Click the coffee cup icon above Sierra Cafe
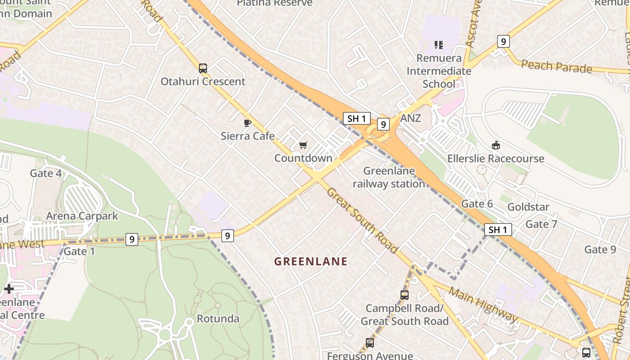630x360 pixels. [x=247, y=123]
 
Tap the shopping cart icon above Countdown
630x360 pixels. [x=303, y=145]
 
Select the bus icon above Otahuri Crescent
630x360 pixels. [x=203, y=68]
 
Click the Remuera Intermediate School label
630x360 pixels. [x=439, y=71]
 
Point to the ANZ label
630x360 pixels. [x=410, y=118]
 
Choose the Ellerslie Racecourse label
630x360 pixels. [x=495, y=158]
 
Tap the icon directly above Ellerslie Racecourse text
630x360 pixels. [x=495, y=145]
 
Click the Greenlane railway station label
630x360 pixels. [x=388, y=177]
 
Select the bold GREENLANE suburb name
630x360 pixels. [x=311, y=261]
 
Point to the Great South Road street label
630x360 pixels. [x=362, y=220]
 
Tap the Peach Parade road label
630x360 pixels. [x=557, y=67]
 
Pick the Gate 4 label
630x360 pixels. [x=46, y=173]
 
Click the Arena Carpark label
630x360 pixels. [x=82, y=216]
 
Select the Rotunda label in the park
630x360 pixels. [x=218, y=319]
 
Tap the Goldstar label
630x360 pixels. [x=528, y=207]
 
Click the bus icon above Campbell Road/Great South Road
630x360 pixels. [x=405, y=295]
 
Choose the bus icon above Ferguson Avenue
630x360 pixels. [x=370, y=343]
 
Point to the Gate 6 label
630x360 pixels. [x=477, y=204]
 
